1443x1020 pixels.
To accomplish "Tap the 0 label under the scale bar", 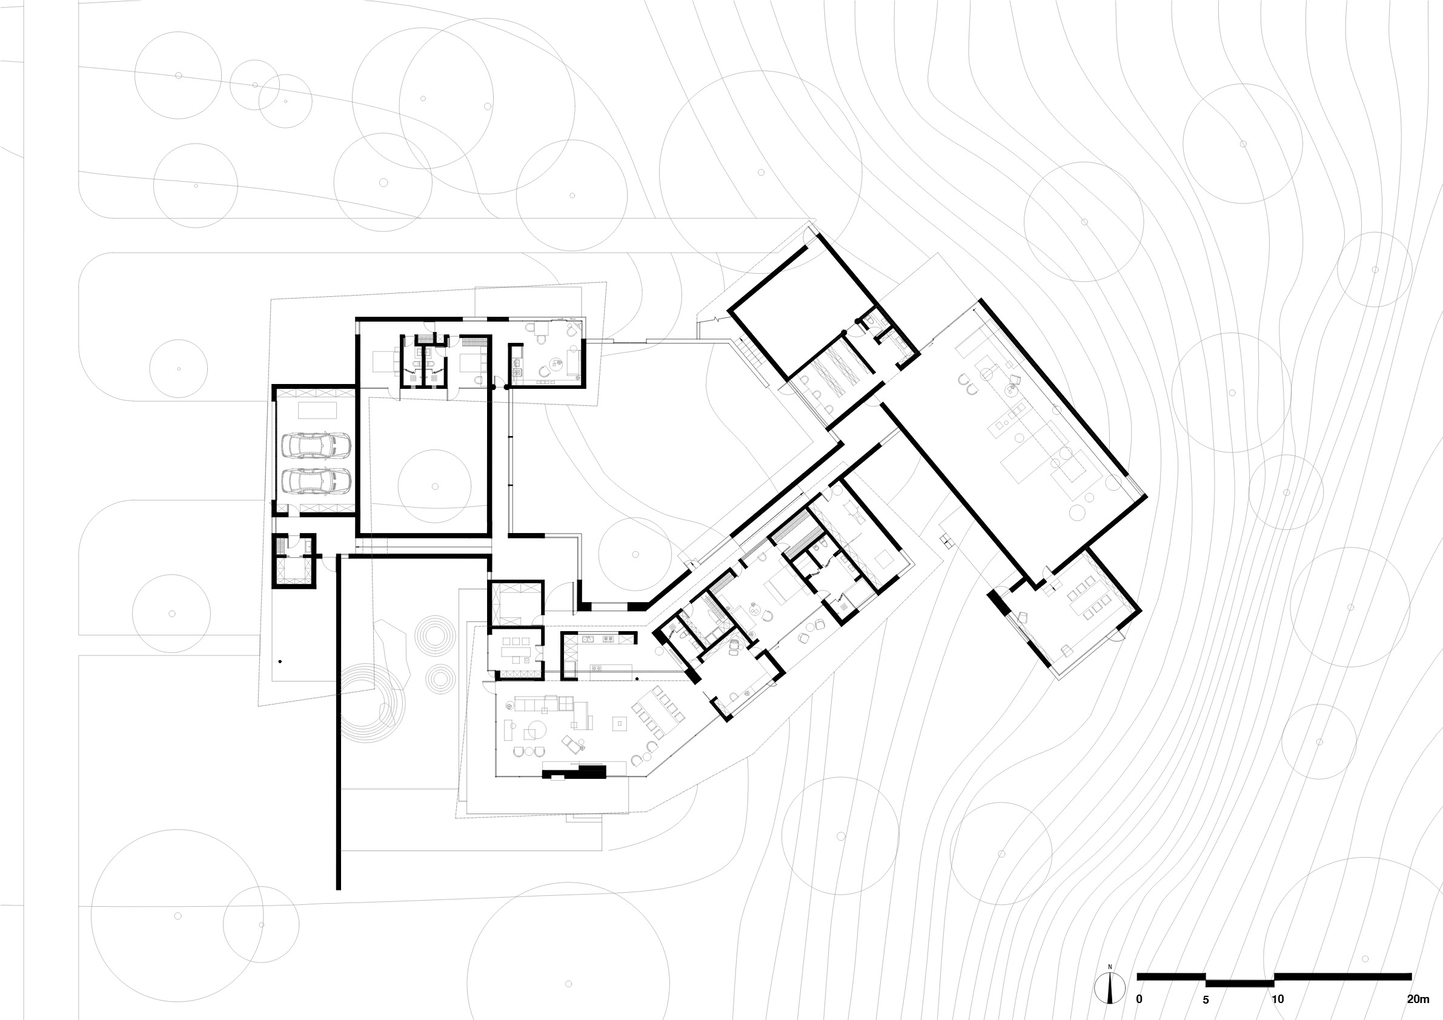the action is [x=1139, y=999].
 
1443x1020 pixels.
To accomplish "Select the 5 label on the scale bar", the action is [x=1206, y=999].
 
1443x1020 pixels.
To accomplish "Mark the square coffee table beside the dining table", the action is [x=620, y=723].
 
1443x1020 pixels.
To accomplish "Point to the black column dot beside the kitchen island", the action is [x=637, y=679].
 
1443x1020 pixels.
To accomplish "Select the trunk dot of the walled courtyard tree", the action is [x=435, y=486].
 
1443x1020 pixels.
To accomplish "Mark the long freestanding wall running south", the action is [x=339, y=723].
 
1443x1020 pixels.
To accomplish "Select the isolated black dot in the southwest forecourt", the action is [x=280, y=661].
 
